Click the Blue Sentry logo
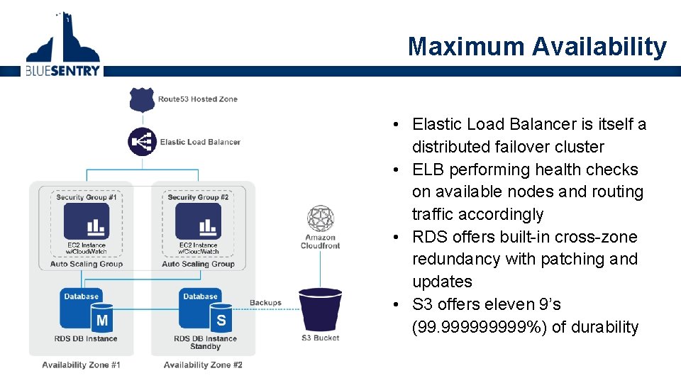tap(62, 44)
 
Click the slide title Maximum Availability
tap(537, 47)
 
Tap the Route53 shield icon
tap(142, 99)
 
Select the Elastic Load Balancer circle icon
tap(142, 142)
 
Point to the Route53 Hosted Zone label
tap(197, 99)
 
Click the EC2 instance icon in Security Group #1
tap(87, 222)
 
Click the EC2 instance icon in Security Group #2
tap(198, 222)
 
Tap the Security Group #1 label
tap(87, 197)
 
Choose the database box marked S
tap(206, 311)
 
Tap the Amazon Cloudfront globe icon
tap(320, 218)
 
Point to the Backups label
tap(265, 303)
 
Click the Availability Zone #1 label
tap(81, 365)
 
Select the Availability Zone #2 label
tap(203, 365)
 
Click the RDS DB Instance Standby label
tap(206, 343)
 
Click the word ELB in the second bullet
tap(428, 170)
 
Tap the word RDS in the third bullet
tap(430, 237)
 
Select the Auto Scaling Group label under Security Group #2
tap(198, 264)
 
